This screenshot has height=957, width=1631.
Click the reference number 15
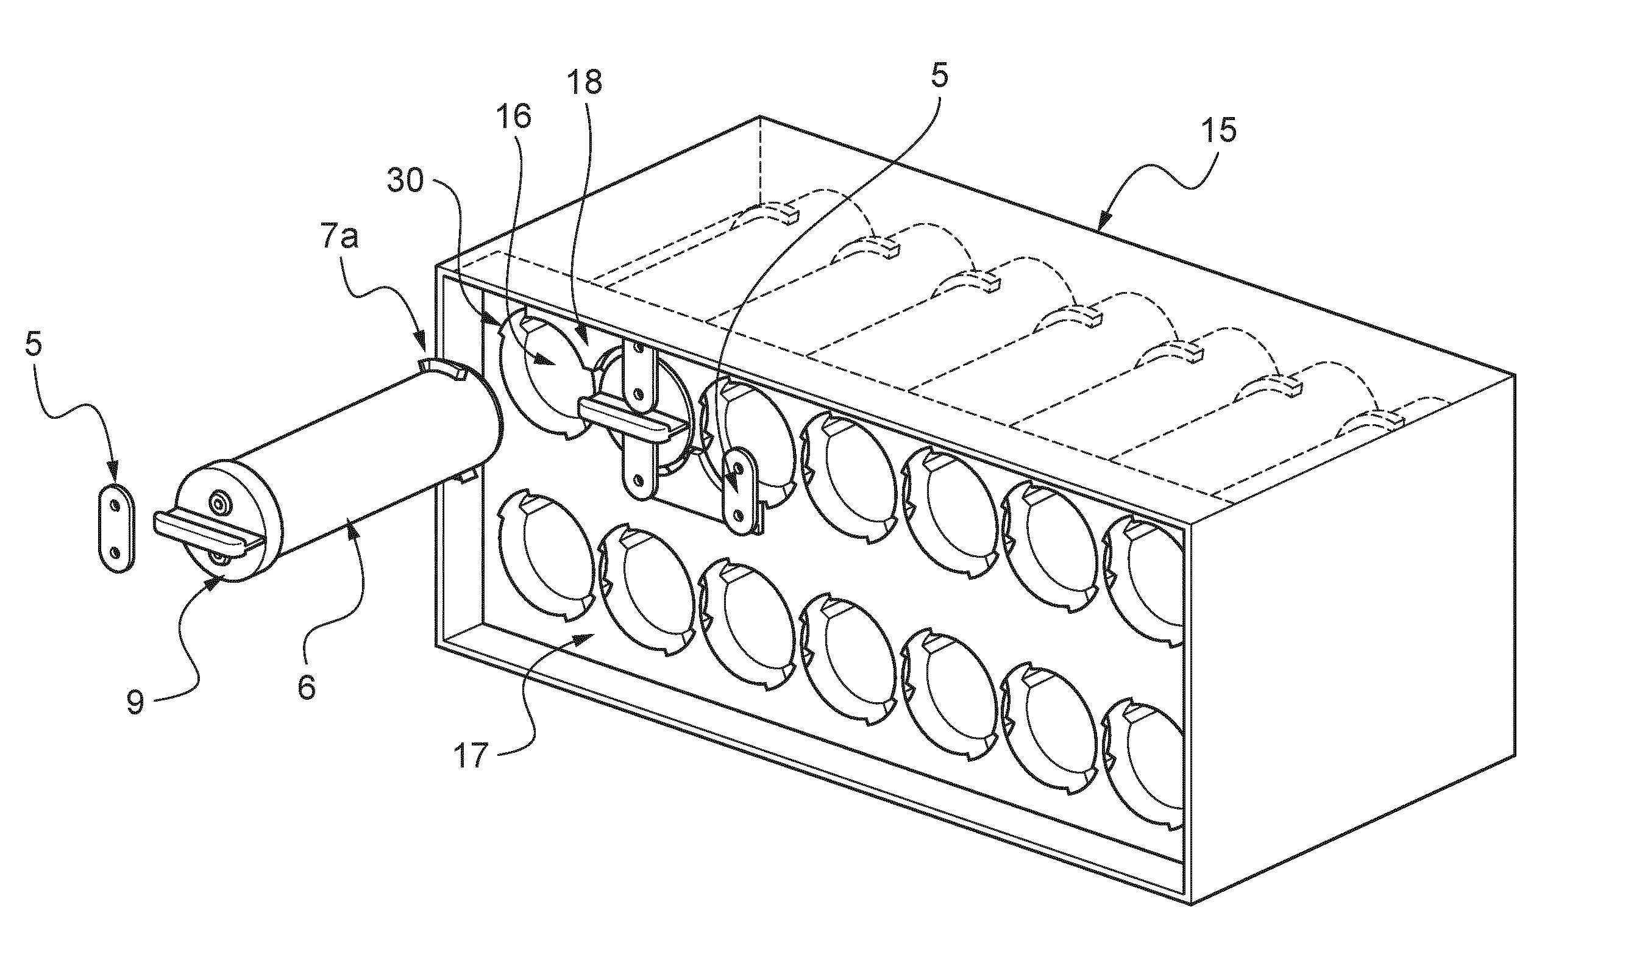(1220, 131)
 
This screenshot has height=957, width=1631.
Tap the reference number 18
(585, 82)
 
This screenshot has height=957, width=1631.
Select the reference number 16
(513, 116)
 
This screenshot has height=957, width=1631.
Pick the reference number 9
(135, 702)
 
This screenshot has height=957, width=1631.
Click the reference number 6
(307, 688)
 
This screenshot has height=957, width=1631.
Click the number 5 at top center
(939, 76)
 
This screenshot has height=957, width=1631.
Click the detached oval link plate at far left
(116, 528)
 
